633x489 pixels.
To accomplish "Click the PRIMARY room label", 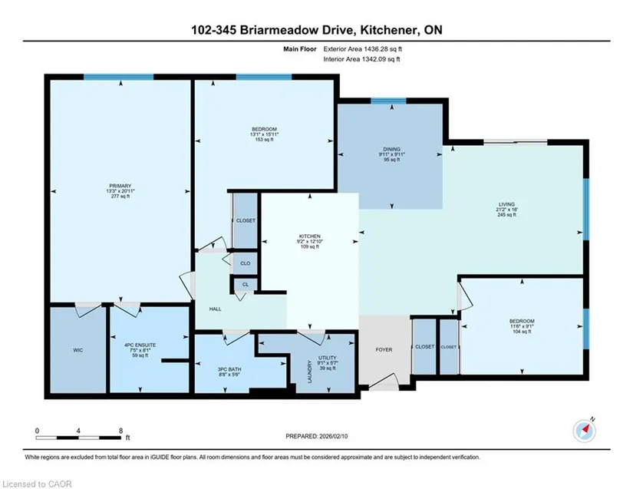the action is [120, 186].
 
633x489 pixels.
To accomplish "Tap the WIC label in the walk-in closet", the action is [78, 350].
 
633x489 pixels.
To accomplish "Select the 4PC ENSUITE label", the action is [140, 345].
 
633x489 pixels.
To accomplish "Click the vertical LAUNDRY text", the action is [310, 372].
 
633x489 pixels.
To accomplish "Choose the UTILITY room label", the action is [328, 358].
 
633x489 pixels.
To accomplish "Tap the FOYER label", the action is [384, 350].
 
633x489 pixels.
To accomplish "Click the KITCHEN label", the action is [310, 236].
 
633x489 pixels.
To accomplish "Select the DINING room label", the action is [391, 149].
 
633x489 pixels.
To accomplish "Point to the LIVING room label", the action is [506, 204].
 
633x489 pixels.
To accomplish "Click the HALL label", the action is [215, 309].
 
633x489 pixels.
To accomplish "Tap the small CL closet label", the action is [246, 284].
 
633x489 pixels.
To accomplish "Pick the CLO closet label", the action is [246, 263].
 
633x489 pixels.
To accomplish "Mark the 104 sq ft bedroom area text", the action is [522, 332].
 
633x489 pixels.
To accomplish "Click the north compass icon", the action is [584, 431].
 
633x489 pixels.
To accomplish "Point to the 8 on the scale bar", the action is [120, 431].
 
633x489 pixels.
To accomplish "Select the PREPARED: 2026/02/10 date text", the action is [316, 436].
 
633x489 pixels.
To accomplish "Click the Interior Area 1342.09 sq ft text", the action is [361, 59].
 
